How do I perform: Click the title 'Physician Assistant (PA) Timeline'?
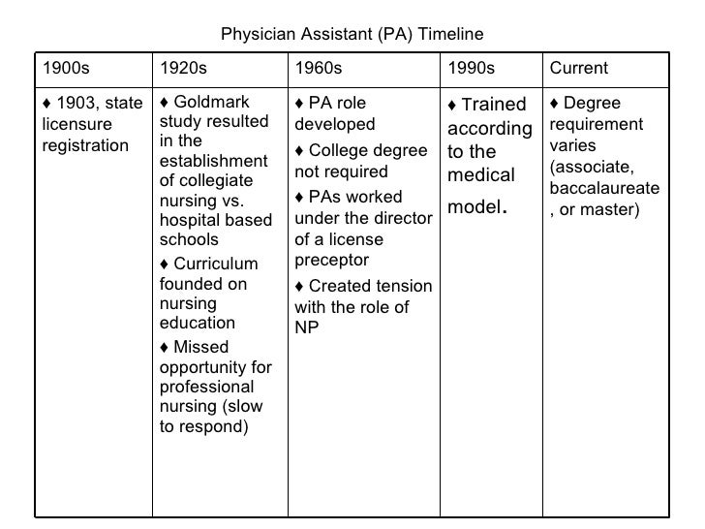[352, 36]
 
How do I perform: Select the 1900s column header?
[65, 68]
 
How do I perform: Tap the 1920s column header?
[183, 68]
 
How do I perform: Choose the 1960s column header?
[319, 68]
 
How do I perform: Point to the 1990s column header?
[471, 68]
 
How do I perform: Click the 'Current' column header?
[578, 68]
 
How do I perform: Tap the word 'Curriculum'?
[216, 264]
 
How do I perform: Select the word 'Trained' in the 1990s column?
[493, 105]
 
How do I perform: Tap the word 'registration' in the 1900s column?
[85, 145]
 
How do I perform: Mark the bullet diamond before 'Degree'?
[554, 104]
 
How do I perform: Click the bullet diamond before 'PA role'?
[299, 104]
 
